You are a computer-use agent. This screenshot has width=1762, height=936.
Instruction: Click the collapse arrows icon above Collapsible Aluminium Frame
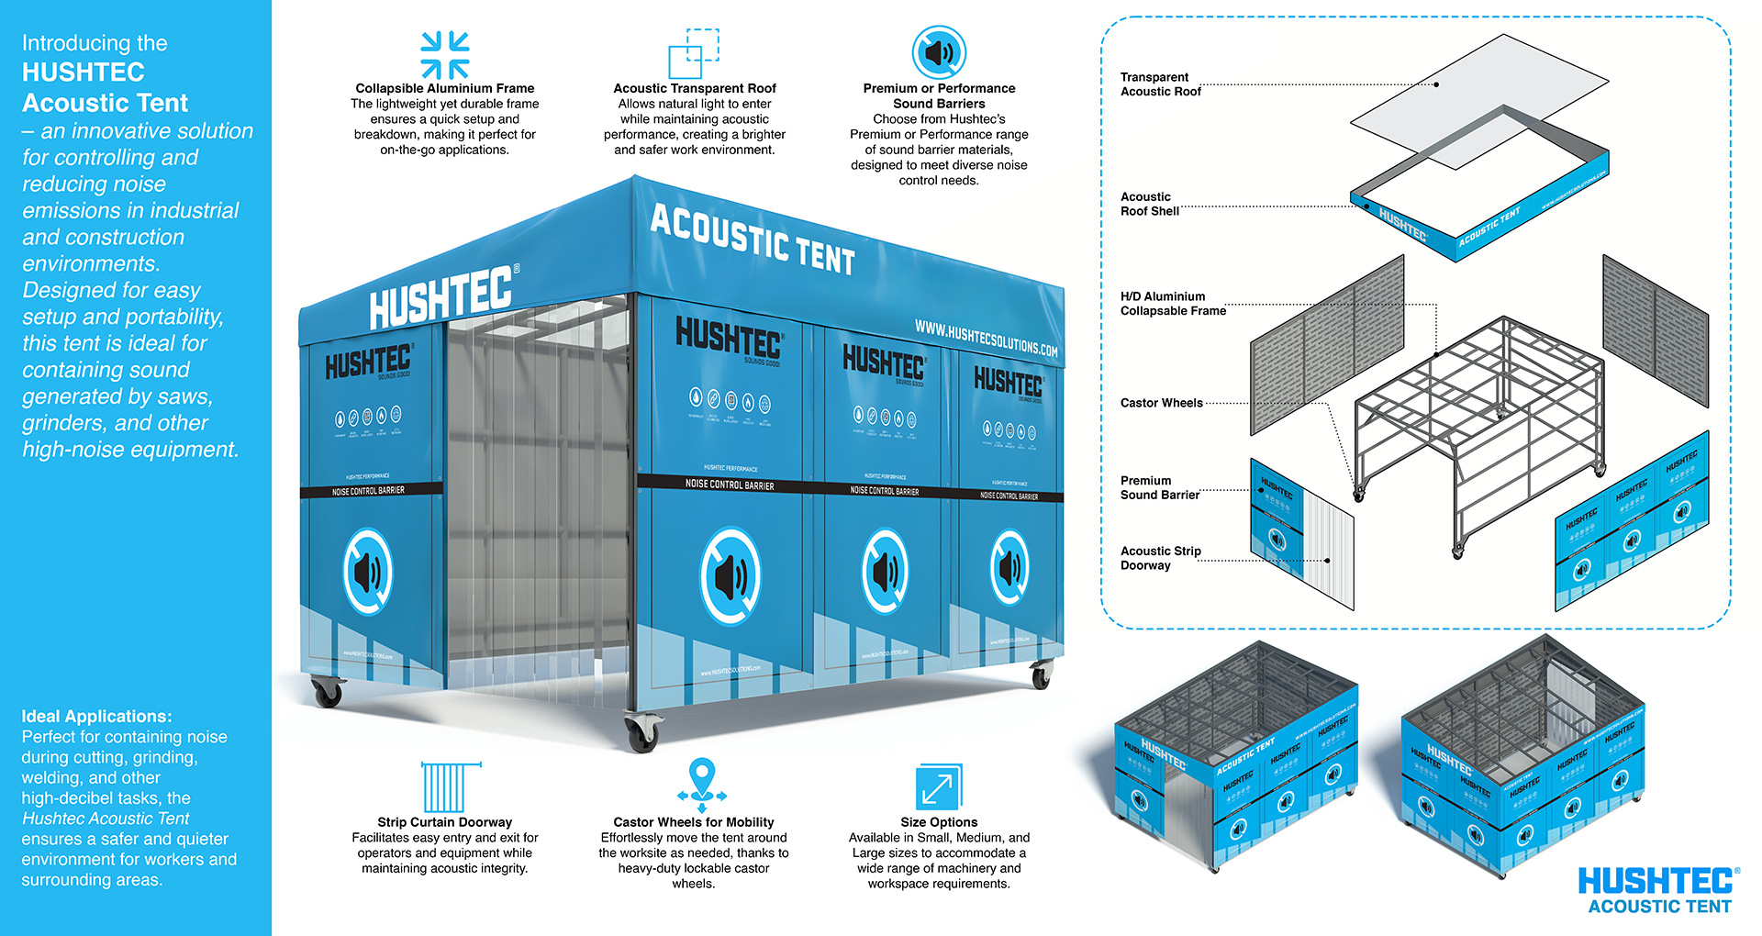point(445,54)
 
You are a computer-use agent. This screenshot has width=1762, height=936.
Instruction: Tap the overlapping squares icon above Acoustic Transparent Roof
point(694,54)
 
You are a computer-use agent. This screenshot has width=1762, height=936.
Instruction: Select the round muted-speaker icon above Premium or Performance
point(939,52)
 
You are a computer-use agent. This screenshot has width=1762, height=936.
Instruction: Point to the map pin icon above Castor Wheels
point(702,781)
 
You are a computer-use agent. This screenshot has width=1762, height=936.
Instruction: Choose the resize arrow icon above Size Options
point(939,787)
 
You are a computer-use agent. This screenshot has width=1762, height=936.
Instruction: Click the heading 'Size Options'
point(939,822)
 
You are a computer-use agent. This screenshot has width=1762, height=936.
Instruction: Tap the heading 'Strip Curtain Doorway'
point(445,822)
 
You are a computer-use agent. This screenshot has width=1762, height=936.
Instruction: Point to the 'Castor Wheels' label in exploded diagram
point(1161,403)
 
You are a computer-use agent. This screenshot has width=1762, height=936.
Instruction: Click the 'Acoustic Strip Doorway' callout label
point(1160,558)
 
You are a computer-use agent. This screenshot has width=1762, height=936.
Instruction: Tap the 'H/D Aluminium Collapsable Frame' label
point(1173,304)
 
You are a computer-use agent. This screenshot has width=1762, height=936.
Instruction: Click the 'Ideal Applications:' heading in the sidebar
point(96,717)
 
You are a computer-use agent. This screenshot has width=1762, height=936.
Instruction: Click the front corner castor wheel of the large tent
point(642,731)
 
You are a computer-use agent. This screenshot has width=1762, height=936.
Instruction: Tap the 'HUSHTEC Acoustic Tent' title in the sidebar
point(105,87)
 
